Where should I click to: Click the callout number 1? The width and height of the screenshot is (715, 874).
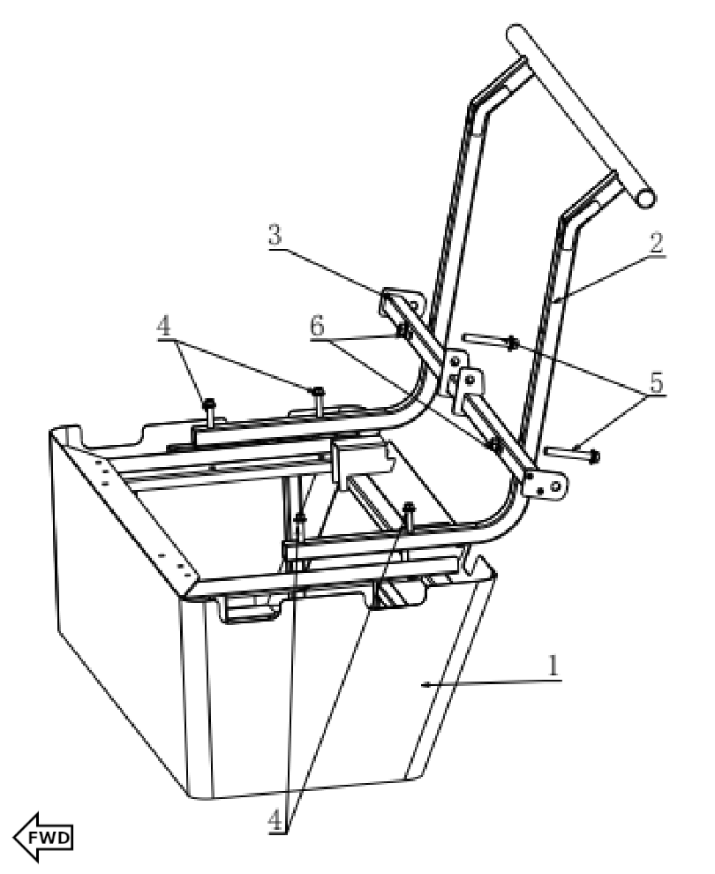click(553, 667)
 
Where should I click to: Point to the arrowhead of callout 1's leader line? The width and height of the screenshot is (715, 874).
click(426, 684)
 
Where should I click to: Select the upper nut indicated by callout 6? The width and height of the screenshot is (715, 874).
click(403, 332)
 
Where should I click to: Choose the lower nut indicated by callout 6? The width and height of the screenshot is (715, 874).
click(496, 446)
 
